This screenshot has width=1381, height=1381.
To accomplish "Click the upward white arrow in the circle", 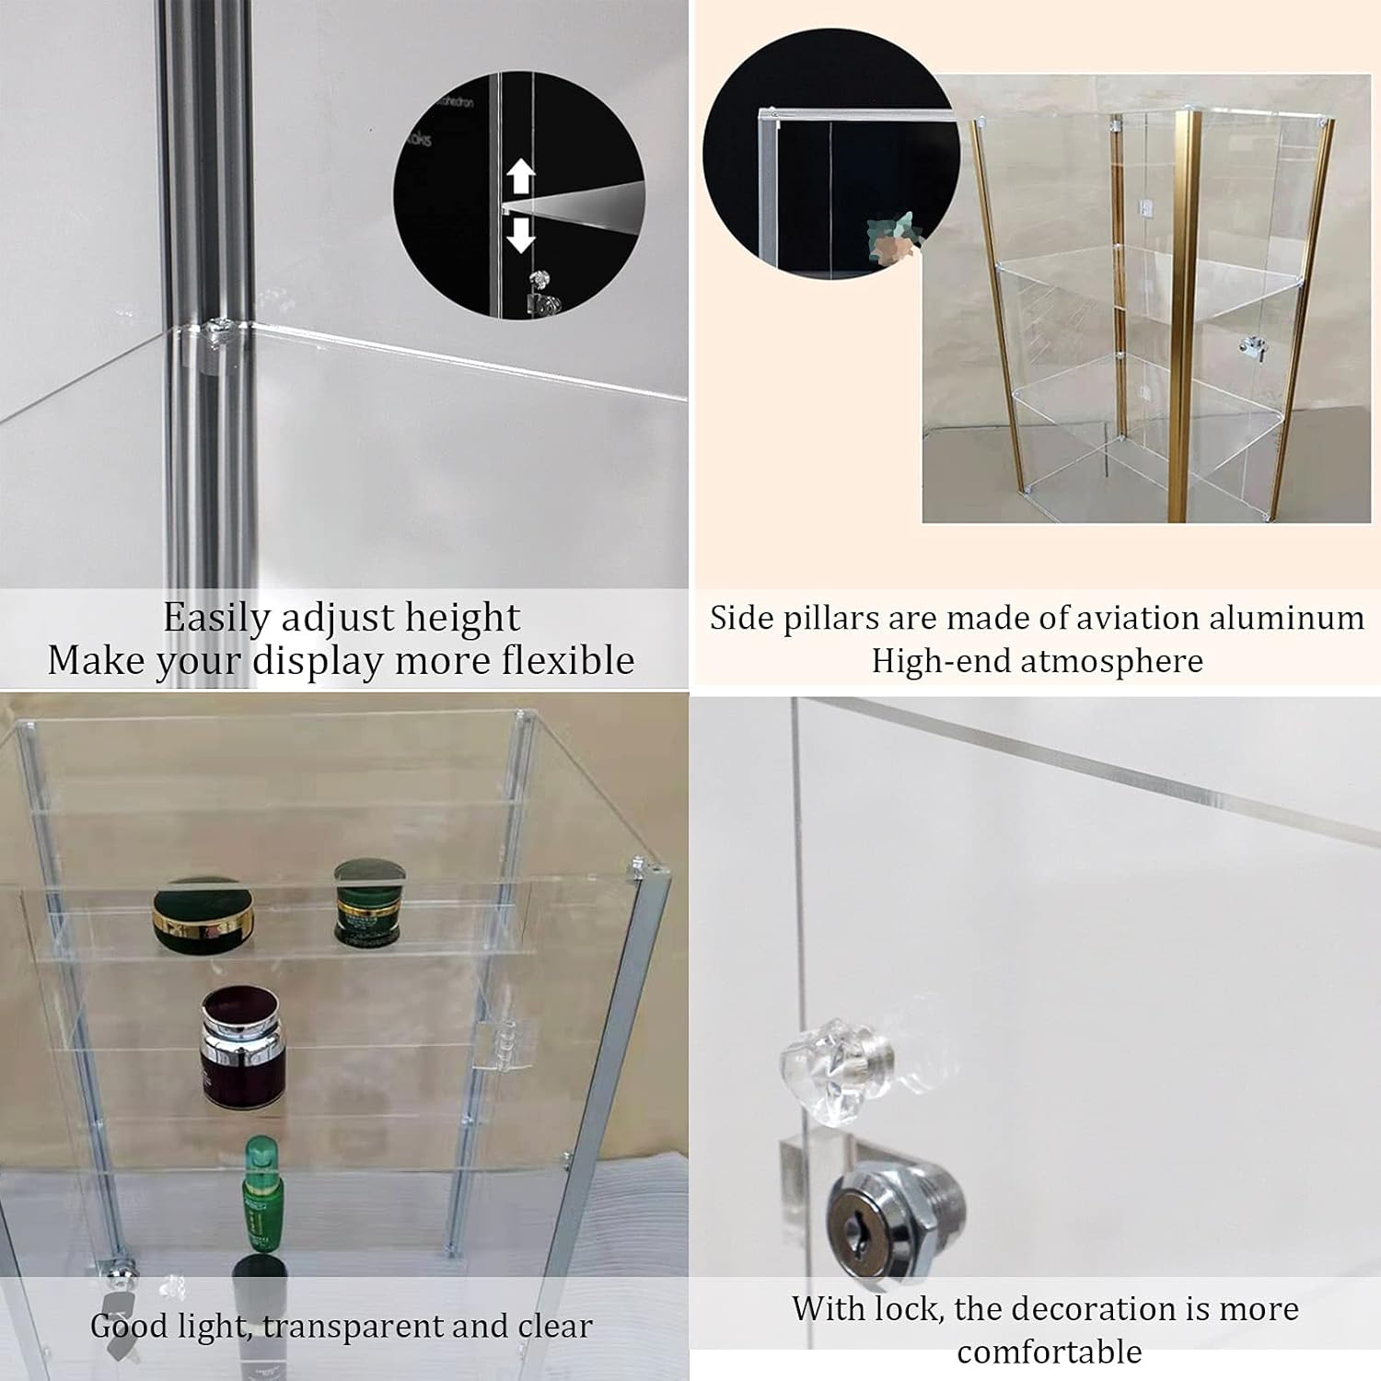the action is tap(521, 175).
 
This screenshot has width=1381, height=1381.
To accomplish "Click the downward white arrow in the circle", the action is tap(521, 234).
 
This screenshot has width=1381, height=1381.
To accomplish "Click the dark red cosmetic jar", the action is tap(243, 1046).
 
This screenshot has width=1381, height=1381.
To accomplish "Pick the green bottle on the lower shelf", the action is tap(263, 1193).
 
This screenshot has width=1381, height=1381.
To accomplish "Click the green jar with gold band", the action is tap(368, 902).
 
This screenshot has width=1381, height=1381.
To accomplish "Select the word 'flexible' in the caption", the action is tap(568, 660).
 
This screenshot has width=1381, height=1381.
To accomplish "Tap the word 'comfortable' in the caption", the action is tap(1049, 1352).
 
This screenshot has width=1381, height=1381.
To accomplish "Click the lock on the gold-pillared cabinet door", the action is tap(1249, 346).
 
